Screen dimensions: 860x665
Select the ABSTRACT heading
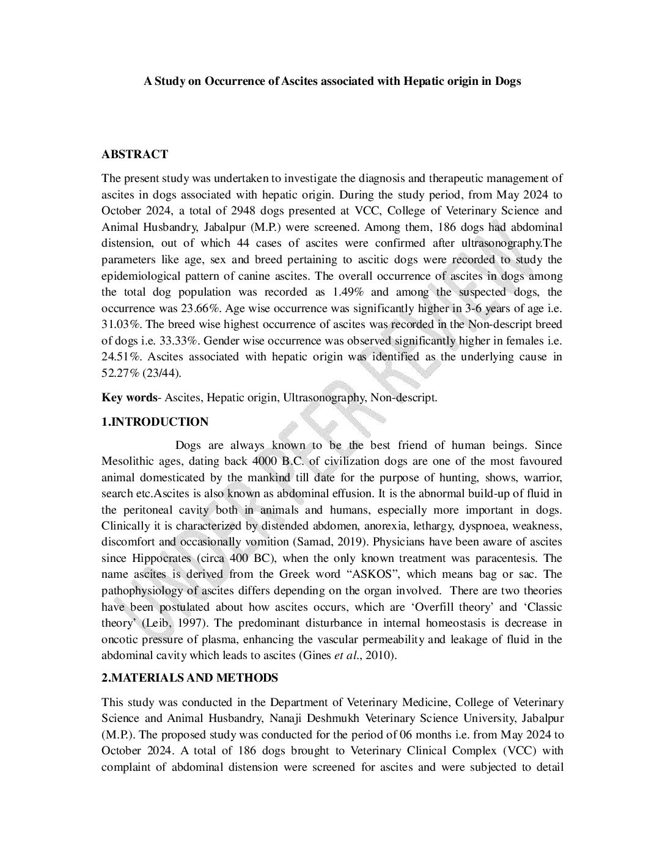[x=134, y=155]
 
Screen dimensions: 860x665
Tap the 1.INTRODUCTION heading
[x=155, y=422]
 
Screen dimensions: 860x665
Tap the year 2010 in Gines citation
[x=381, y=656]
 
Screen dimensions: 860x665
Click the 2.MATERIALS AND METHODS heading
[x=189, y=678]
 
